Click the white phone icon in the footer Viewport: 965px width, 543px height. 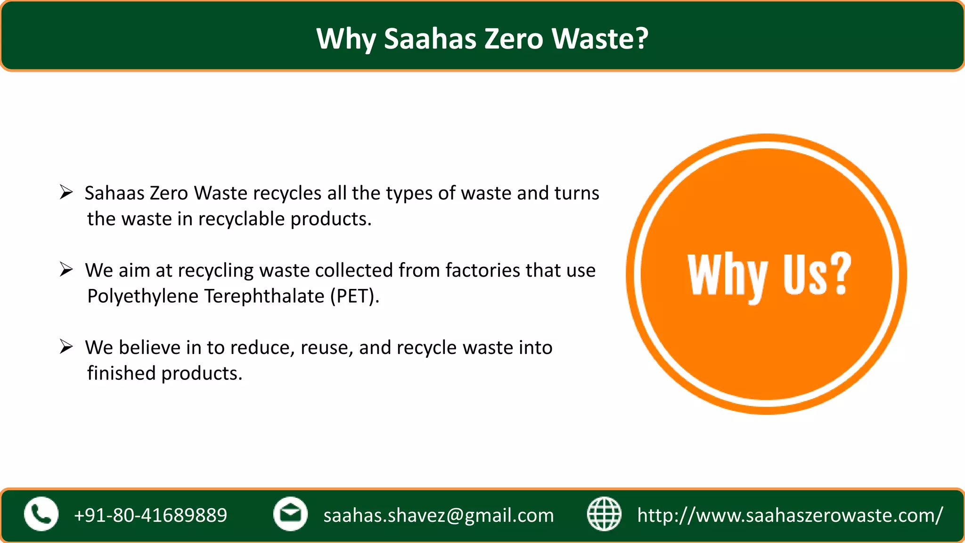[41, 514]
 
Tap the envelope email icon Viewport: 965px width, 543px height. [290, 514]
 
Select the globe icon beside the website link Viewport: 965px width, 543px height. [604, 514]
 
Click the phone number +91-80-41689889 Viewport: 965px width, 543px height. [150, 515]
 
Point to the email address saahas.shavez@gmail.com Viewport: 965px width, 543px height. [438, 515]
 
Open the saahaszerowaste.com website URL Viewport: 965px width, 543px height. [790, 515]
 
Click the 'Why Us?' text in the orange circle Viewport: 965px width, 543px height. [769, 275]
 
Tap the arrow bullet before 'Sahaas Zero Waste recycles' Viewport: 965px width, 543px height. [66, 192]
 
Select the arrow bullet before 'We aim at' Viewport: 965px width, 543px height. [66, 270]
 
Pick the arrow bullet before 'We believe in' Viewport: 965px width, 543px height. [66, 347]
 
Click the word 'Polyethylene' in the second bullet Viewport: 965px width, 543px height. [143, 296]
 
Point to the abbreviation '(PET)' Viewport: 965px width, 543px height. [354, 296]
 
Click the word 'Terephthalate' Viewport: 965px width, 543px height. [264, 296]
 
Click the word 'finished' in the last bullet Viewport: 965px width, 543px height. [121, 373]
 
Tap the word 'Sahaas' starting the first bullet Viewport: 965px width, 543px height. [114, 193]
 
